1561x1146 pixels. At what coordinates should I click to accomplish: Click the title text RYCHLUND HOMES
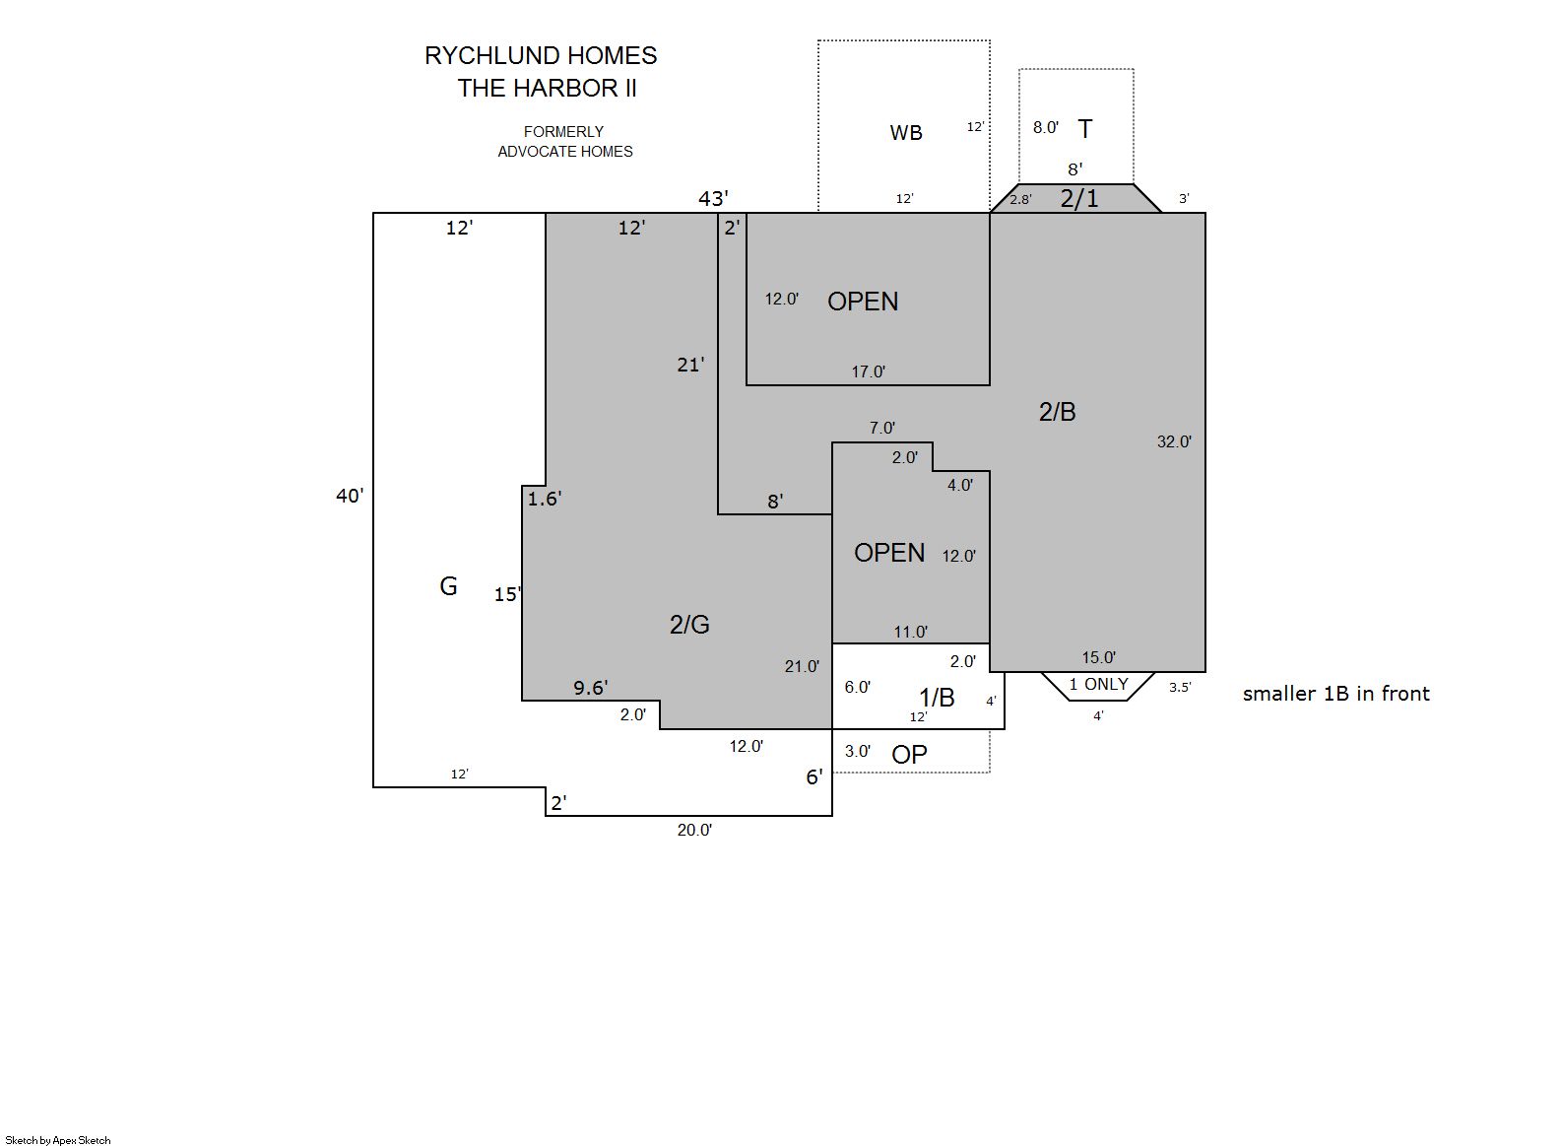point(541,56)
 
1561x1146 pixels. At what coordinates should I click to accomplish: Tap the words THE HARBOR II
point(547,89)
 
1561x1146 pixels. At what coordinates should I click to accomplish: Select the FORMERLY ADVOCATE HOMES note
point(565,142)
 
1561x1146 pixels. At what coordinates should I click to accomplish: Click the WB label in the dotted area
point(906,132)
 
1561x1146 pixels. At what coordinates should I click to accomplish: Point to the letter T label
point(1085,129)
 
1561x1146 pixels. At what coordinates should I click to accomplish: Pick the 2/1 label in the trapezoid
point(1079,199)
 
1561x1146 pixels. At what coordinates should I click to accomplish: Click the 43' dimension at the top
point(714,199)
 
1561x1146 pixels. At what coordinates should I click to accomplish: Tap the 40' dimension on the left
point(350,496)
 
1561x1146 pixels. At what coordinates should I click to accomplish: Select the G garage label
point(449,586)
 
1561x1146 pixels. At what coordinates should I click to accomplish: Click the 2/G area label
point(690,625)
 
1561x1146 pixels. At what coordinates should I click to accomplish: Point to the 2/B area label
point(1057,412)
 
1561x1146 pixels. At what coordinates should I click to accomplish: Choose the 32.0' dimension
point(1174,441)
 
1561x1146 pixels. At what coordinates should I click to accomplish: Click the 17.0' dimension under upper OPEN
point(869,371)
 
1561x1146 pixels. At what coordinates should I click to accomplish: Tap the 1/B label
point(937,697)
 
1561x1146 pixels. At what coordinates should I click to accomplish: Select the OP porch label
point(909,754)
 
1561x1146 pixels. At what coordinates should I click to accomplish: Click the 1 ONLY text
point(1098,684)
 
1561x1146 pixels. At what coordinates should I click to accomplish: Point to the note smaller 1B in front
point(1335,693)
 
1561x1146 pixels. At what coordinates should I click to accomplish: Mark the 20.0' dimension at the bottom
point(694,830)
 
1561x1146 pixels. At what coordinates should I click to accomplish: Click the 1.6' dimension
point(545,499)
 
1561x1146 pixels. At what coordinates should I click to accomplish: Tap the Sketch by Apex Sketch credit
point(58,1140)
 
